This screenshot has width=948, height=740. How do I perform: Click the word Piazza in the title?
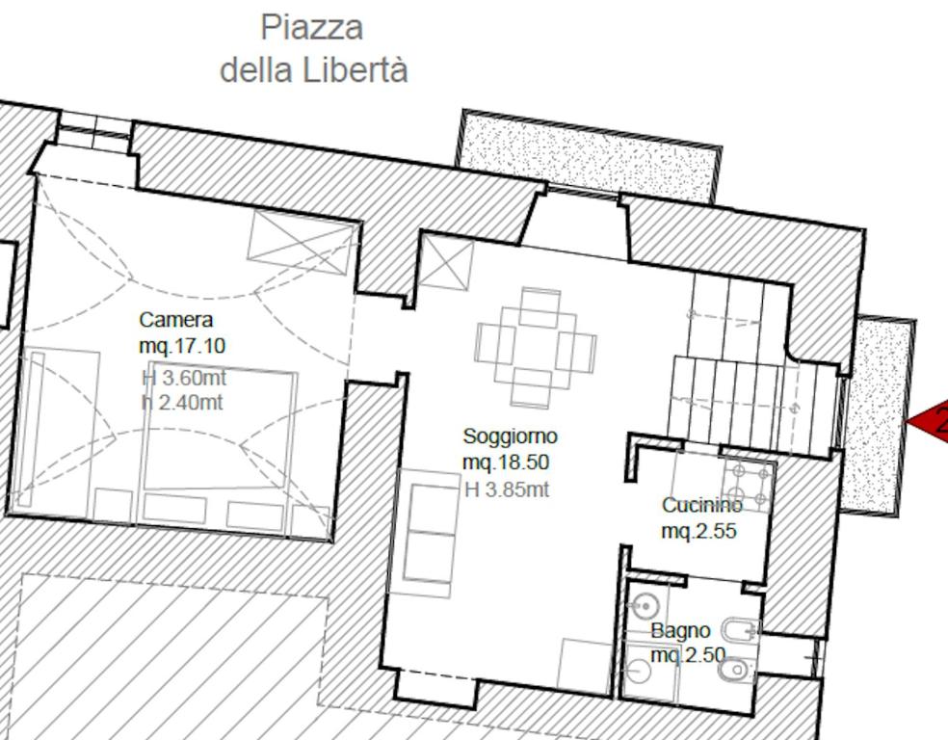[x=311, y=28]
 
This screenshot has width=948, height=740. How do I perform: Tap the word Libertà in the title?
[x=355, y=70]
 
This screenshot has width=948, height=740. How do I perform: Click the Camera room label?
[x=176, y=320]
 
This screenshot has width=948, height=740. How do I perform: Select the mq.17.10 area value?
[x=182, y=346]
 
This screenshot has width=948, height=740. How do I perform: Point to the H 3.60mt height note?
[x=184, y=378]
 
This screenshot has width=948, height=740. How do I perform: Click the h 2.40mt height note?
[x=183, y=402]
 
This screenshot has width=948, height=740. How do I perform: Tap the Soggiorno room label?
[x=511, y=436]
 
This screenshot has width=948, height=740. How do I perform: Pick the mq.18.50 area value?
[x=506, y=462]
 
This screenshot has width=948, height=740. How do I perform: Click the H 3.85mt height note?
[x=508, y=489]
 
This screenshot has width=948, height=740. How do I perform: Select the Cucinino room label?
[x=702, y=505]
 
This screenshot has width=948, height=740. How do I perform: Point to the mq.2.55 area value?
[x=698, y=531]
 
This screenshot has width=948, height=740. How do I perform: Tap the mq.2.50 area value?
[x=688, y=655]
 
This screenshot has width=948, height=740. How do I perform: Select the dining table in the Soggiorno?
[x=537, y=347]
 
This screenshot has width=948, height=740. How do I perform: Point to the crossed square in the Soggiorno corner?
[x=446, y=262]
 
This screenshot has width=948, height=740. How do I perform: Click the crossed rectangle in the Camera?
[x=301, y=243]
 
